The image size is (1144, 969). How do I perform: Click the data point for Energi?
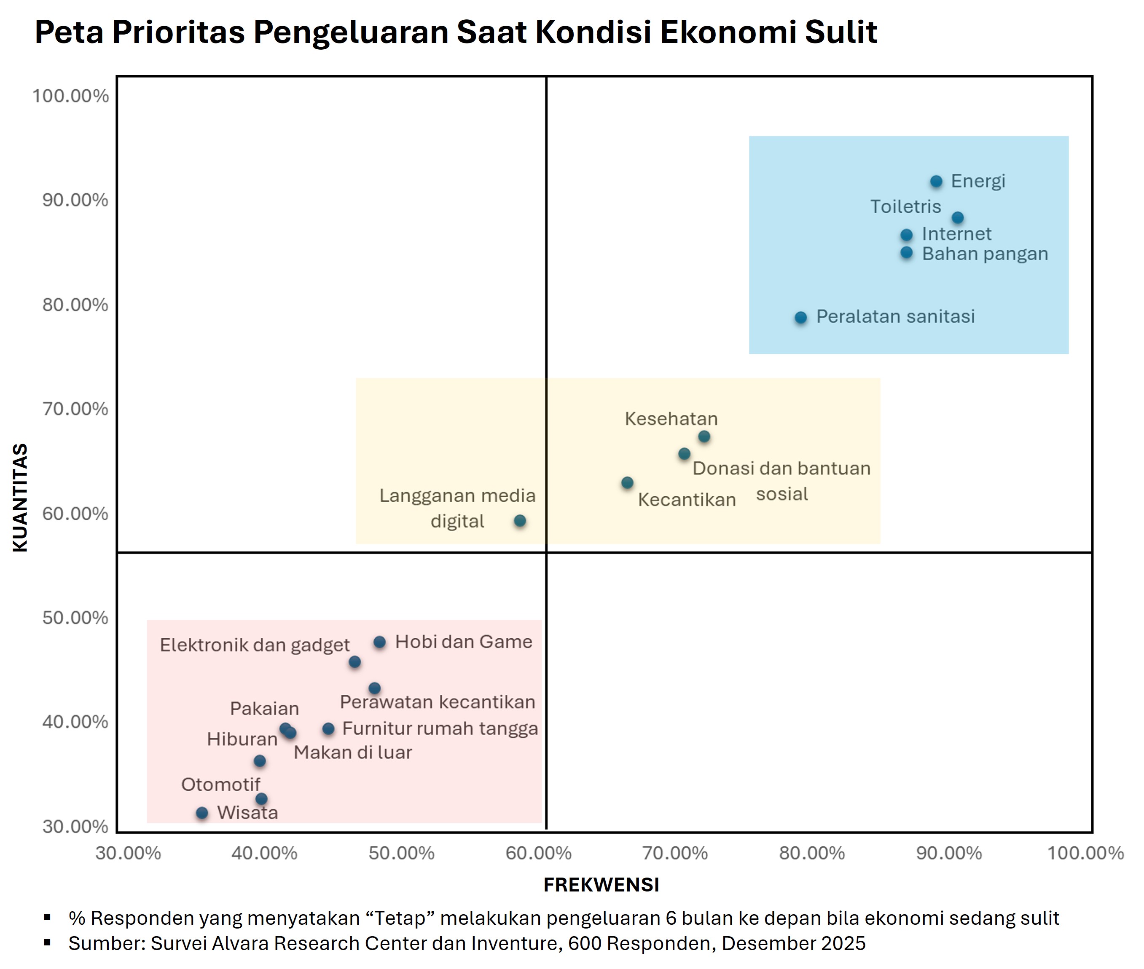click(x=936, y=181)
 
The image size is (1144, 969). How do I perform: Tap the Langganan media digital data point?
click(x=520, y=521)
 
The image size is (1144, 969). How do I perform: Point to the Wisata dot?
click(x=202, y=813)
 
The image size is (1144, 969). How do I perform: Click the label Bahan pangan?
click(x=985, y=254)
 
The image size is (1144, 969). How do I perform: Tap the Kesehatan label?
click(x=671, y=419)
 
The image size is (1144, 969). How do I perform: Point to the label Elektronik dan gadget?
click(x=255, y=645)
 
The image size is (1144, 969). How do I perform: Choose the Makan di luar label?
click(x=353, y=752)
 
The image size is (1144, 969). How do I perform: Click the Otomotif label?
click(x=220, y=784)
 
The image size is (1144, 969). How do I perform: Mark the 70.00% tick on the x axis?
click(x=675, y=853)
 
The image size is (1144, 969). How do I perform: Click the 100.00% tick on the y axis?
click(x=70, y=96)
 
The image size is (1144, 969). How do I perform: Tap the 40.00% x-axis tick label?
click(x=264, y=853)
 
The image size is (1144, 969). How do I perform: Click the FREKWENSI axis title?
click(x=601, y=885)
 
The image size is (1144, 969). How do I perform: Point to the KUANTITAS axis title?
click(x=20, y=497)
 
